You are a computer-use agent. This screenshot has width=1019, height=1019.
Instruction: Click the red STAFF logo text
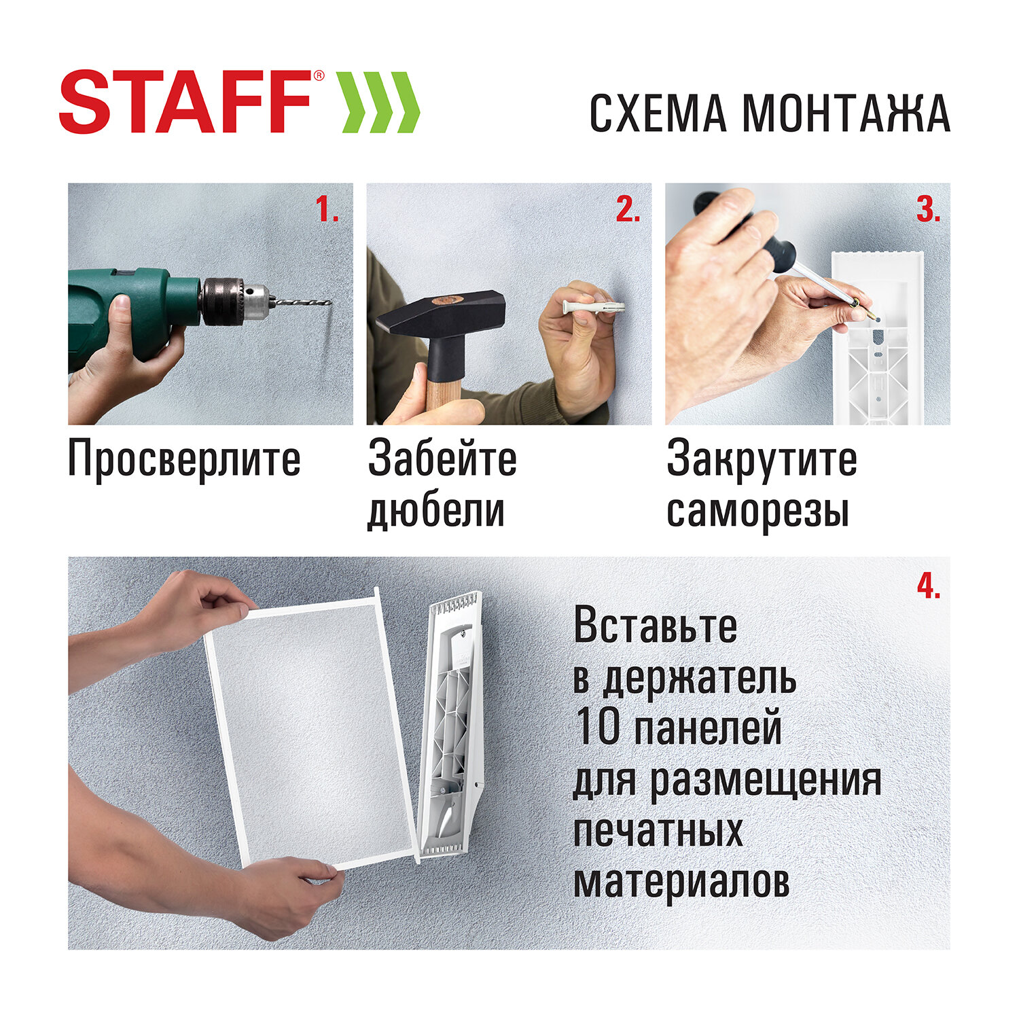coord(185,102)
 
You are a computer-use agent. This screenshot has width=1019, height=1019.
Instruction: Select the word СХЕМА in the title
coord(657,113)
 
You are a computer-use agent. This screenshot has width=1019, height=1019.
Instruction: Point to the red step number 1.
coord(327,210)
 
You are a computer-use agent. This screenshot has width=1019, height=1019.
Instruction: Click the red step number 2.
coord(628,210)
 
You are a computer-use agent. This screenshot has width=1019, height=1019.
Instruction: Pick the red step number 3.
coord(928,210)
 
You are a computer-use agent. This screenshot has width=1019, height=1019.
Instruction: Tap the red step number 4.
coord(928,586)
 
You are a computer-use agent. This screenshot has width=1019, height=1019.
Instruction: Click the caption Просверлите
coord(184,460)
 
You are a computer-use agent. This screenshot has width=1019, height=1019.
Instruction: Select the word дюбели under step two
coord(436,511)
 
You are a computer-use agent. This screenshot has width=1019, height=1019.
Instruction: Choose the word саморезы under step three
coord(757,511)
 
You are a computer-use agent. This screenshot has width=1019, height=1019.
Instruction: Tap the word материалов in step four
coord(681,882)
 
